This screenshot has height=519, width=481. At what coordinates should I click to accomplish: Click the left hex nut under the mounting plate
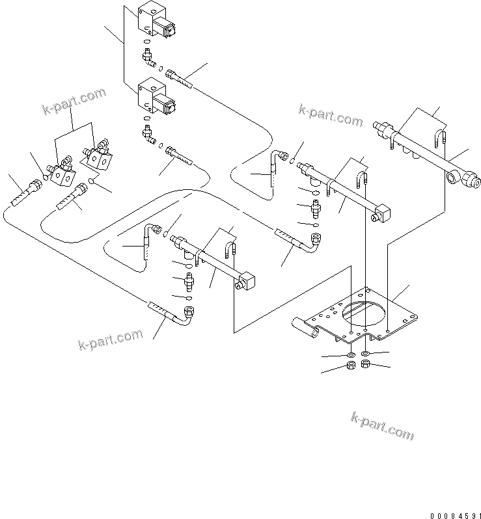(x=350, y=367)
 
